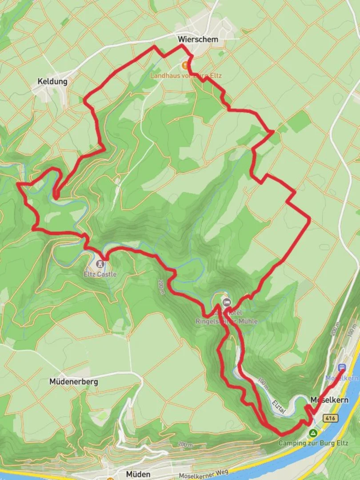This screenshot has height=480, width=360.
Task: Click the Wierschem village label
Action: click(x=198, y=40)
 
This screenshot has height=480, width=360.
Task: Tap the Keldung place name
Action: click(x=52, y=82)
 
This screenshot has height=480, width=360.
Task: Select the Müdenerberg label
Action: click(x=74, y=382)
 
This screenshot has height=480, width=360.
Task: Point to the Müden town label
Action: click(x=138, y=474)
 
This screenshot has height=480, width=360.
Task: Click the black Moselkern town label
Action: click(x=329, y=400)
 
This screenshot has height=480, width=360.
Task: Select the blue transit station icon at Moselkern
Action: click(x=342, y=368)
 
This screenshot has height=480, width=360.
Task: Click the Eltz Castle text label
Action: click(x=100, y=274)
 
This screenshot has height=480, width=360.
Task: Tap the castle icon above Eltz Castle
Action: click(x=100, y=264)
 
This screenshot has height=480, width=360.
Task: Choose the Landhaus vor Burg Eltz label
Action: click(x=186, y=76)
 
